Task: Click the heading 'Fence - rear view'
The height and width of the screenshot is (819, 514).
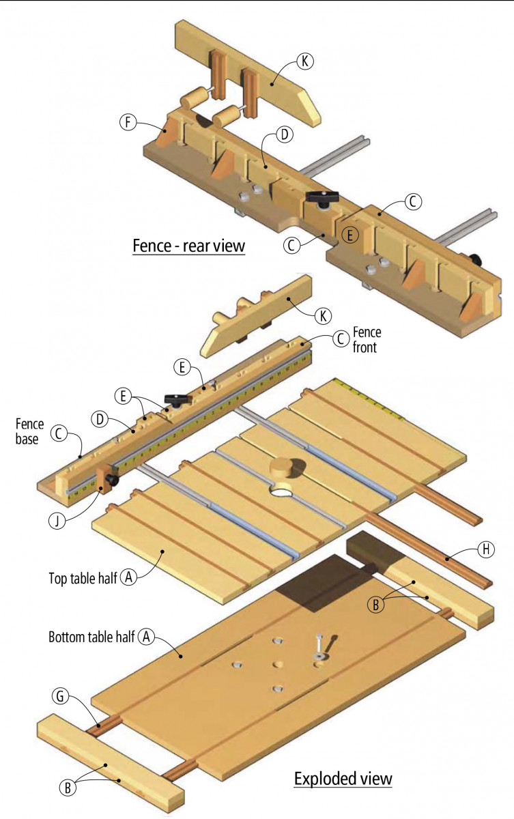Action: [x=188, y=245]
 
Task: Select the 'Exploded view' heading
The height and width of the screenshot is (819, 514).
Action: [x=343, y=778]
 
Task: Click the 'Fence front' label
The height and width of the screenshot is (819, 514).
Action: [x=367, y=339]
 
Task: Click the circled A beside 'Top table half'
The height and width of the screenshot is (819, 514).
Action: [x=128, y=577]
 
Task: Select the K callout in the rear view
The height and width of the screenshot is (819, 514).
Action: [x=305, y=61]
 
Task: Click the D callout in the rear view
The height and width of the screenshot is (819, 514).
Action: [x=285, y=134]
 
